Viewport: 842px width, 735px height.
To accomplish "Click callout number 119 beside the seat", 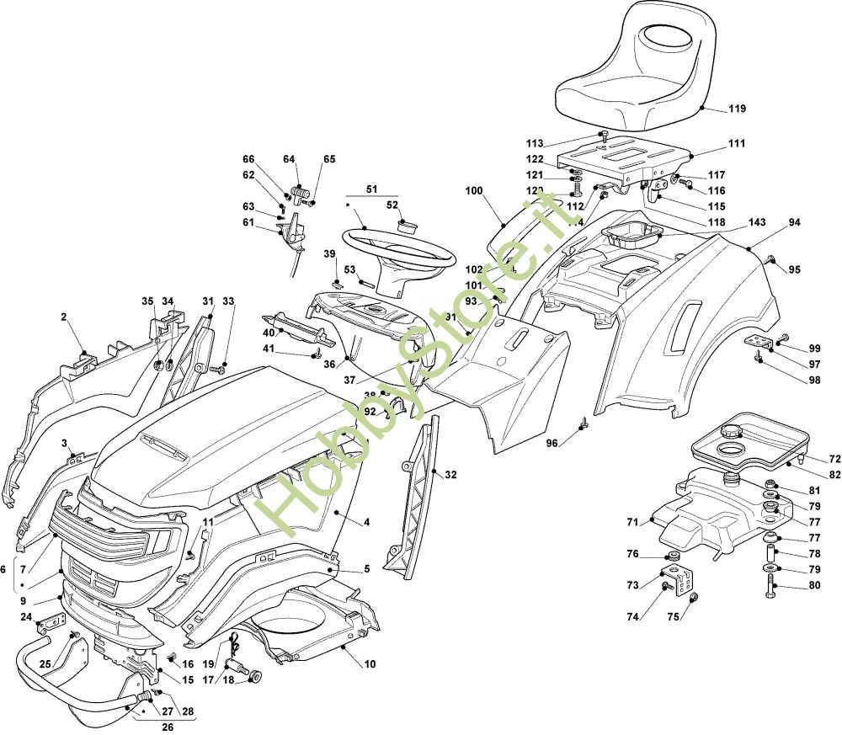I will (738, 109).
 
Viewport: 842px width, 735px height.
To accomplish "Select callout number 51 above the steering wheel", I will (371, 189).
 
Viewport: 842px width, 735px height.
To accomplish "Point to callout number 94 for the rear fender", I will (794, 222).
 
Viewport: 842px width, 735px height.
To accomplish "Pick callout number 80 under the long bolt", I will (813, 586).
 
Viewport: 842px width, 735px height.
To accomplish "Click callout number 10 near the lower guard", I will (370, 664).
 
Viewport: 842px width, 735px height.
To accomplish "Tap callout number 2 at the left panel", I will (63, 317).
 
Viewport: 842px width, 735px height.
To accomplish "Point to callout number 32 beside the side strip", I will (450, 475).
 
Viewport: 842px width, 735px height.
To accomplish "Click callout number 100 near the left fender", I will (474, 191).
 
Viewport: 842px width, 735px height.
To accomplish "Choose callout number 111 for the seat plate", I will (738, 144).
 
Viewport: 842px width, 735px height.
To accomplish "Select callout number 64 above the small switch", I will (289, 159).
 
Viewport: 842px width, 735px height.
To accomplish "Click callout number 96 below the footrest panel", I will (552, 444).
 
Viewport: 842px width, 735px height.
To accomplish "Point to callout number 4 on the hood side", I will (367, 522).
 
